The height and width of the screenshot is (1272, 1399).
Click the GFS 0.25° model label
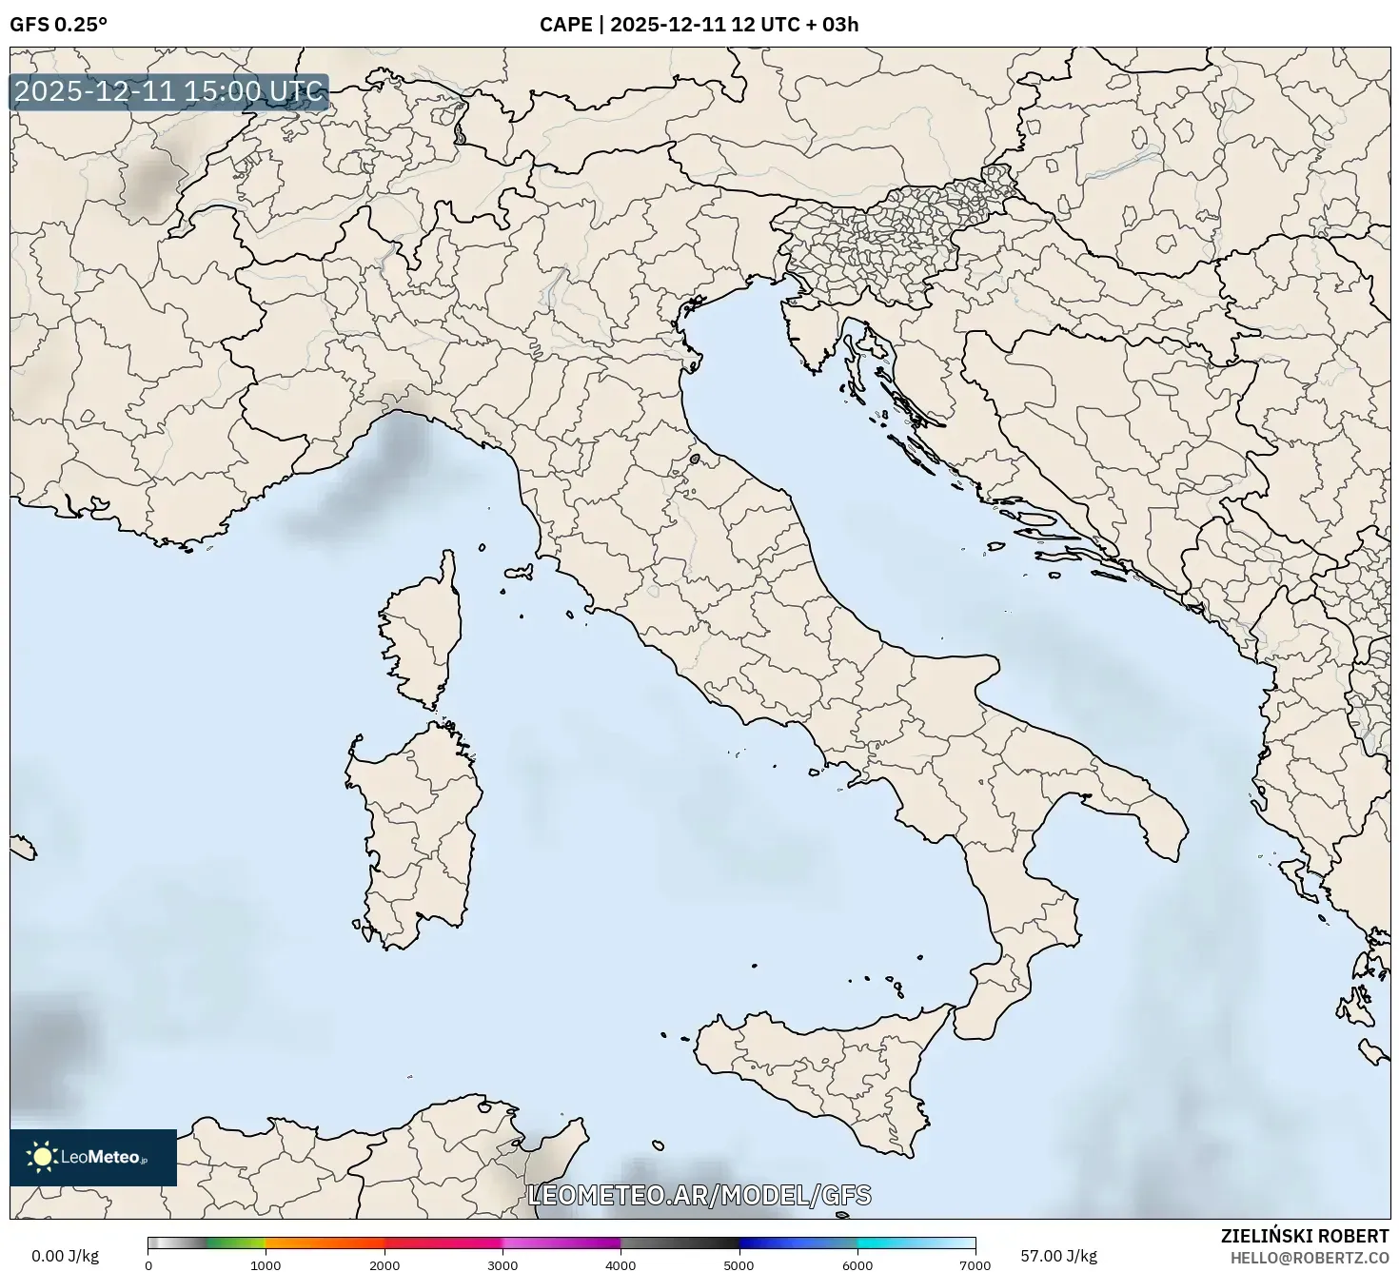point(58,25)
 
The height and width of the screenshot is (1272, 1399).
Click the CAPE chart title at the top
point(699,25)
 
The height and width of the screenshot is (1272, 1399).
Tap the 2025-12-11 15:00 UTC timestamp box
point(169,92)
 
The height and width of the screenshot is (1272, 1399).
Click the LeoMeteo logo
point(93,1157)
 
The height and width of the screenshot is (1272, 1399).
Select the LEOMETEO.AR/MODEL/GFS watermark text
point(699,1195)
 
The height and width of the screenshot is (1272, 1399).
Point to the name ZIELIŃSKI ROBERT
point(1305,1236)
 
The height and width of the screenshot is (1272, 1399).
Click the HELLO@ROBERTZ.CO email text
point(1309,1257)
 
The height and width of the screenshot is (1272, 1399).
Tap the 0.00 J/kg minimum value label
point(65,1256)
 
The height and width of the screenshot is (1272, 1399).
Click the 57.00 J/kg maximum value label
point(1058,1256)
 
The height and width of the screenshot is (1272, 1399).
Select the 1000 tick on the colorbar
point(266,1264)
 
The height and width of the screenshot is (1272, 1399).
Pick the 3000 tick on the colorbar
point(502,1264)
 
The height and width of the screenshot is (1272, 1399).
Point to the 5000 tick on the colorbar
point(739,1264)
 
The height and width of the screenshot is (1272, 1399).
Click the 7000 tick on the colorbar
point(975,1264)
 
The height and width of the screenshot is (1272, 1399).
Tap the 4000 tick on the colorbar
point(621,1264)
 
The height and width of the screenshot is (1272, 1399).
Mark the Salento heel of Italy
point(1156,813)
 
